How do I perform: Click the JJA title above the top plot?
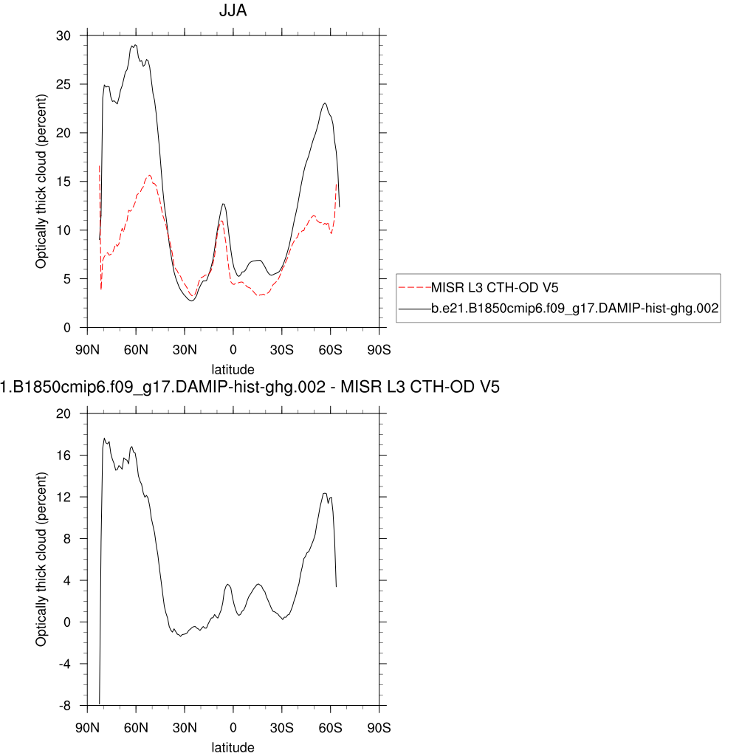coord(233,12)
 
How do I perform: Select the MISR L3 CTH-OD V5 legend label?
coord(489,286)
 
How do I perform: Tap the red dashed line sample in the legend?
coord(414,286)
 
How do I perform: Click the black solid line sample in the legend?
coord(414,311)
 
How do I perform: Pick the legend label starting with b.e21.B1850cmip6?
coord(575,311)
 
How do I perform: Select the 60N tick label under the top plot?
coord(136,348)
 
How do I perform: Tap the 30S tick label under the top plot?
coord(281,348)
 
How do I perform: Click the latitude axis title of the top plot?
coord(233,369)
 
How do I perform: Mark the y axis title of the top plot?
coord(41,182)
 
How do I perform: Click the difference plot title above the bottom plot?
coord(250,386)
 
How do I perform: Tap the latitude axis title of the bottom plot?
coord(233,747)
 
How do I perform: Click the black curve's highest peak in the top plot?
coord(134,45)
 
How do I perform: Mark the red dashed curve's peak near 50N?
coord(150,176)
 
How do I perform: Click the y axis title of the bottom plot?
coord(41,560)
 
